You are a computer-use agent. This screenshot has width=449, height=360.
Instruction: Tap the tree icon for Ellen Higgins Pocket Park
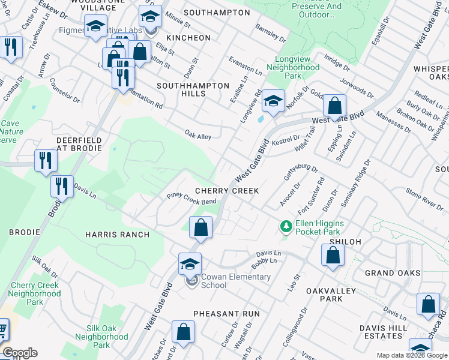pos(286,227)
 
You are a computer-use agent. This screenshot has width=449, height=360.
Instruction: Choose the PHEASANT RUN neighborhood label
pos(226,314)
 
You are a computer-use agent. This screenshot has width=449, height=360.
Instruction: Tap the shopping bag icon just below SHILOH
pos(332,254)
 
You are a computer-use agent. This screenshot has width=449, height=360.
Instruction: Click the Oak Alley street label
pos(197,137)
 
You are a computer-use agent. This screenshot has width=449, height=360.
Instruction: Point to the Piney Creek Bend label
pos(191,199)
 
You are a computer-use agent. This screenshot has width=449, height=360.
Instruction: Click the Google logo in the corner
pos(19,353)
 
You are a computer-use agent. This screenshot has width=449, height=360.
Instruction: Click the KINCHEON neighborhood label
pos(188,38)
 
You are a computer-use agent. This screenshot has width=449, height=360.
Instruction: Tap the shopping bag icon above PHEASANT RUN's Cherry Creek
pos(200,227)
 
